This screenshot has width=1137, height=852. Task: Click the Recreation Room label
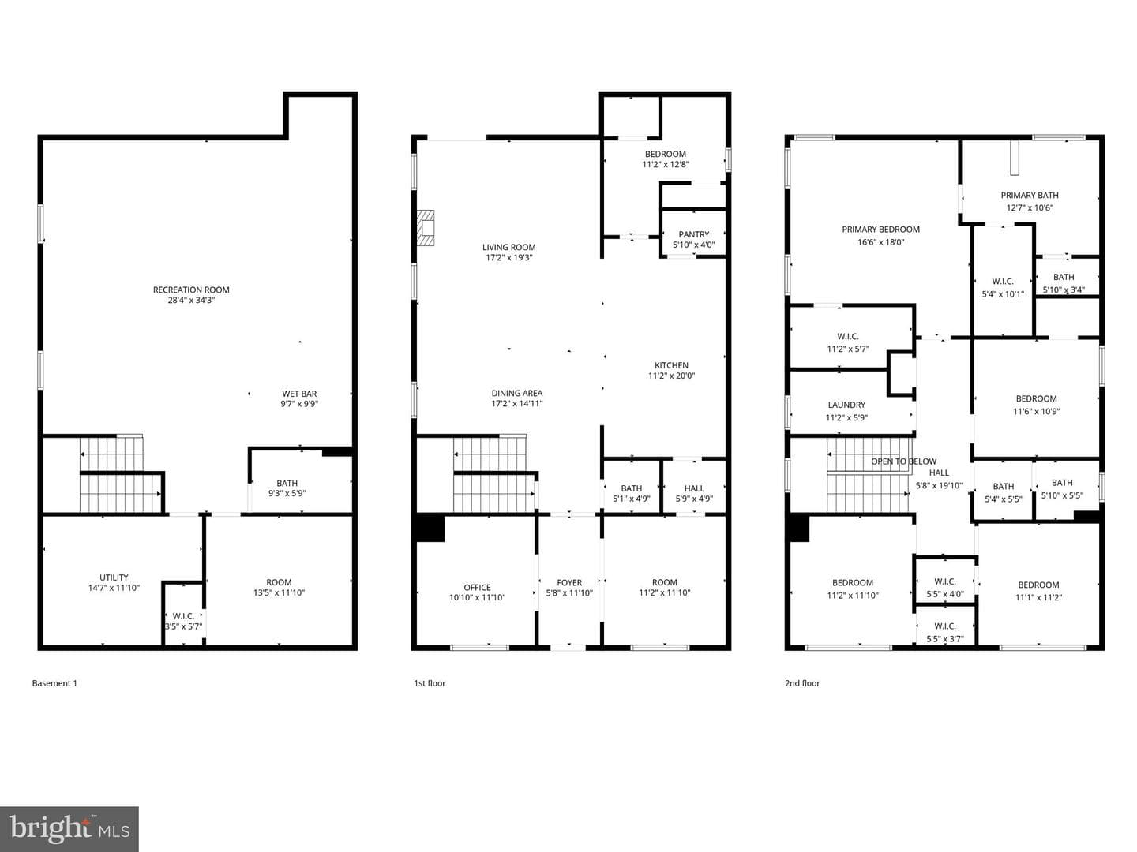point(190,290)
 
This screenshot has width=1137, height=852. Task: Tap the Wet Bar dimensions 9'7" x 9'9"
point(299,404)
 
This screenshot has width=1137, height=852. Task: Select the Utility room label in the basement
point(114,577)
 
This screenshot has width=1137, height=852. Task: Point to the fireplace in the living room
point(426,228)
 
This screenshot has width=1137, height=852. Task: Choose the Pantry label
point(693,234)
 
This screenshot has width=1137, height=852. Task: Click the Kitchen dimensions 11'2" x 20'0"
point(671,376)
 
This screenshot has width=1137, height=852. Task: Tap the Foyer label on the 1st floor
point(569,582)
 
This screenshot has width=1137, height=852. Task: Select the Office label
point(477,587)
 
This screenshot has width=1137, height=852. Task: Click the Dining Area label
point(517,393)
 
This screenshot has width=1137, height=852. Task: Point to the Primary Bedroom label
point(880,229)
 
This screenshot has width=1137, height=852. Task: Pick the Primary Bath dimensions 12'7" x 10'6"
point(1030,208)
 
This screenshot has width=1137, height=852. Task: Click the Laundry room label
point(846,405)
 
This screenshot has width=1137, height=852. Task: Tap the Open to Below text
point(904,461)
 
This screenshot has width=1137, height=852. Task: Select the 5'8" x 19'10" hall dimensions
point(939,486)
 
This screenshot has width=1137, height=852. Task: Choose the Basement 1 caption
point(54,683)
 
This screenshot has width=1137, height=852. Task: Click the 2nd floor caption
point(802,683)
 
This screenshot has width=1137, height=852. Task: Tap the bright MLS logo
point(69,828)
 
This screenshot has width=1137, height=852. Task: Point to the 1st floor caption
point(430,683)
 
